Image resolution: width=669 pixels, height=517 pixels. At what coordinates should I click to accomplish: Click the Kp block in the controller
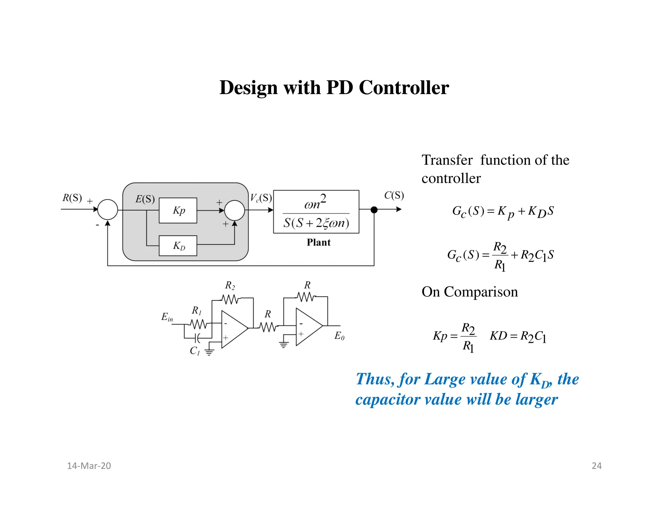pyautogui.click(x=178, y=210)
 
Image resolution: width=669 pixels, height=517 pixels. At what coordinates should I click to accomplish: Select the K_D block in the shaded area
pyautogui.click(x=178, y=245)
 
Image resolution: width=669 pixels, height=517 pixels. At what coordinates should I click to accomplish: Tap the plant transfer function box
pyautogui.click(x=316, y=212)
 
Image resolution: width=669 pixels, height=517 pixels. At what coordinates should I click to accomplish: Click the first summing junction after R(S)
pyautogui.click(x=108, y=209)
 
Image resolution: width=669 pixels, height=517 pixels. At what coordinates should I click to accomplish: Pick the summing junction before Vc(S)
pyautogui.click(x=235, y=210)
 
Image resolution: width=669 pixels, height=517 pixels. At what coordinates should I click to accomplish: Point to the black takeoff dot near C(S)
pyautogui.click(x=374, y=210)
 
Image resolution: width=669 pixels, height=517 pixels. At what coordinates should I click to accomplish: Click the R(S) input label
pyautogui.click(x=72, y=198)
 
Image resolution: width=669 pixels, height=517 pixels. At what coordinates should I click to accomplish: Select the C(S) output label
pyautogui.click(x=394, y=195)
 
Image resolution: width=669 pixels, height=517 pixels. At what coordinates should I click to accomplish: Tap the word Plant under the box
pyautogui.click(x=318, y=242)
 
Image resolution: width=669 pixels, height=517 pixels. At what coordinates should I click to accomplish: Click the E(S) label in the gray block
pyautogui.click(x=145, y=199)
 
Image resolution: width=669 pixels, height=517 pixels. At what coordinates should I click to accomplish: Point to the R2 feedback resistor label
pyautogui.click(x=230, y=286)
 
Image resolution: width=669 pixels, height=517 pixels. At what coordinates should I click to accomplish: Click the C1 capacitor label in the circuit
pyautogui.click(x=195, y=351)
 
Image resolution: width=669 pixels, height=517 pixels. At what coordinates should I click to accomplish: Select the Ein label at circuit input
pyautogui.click(x=167, y=317)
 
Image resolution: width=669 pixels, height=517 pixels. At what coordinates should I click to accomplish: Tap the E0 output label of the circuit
pyautogui.click(x=339, y=336)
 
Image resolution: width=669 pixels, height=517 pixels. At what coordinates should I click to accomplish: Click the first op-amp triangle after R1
pyautogui.click(x=232, y=329)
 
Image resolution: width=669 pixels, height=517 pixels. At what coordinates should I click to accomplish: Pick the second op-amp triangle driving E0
pyautogui.click(x=307, y=327)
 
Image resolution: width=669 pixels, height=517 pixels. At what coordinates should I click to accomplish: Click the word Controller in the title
pyautogui.click(x=404, y=88)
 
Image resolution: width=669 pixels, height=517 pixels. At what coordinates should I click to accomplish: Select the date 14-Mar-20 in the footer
pyautogui.click(x=89, y=466)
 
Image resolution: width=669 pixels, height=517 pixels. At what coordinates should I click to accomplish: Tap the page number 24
pyautogui.click(x=596, y=466)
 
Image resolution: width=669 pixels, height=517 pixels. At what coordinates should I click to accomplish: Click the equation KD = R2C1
pyautogui.click(x=518, y=336)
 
